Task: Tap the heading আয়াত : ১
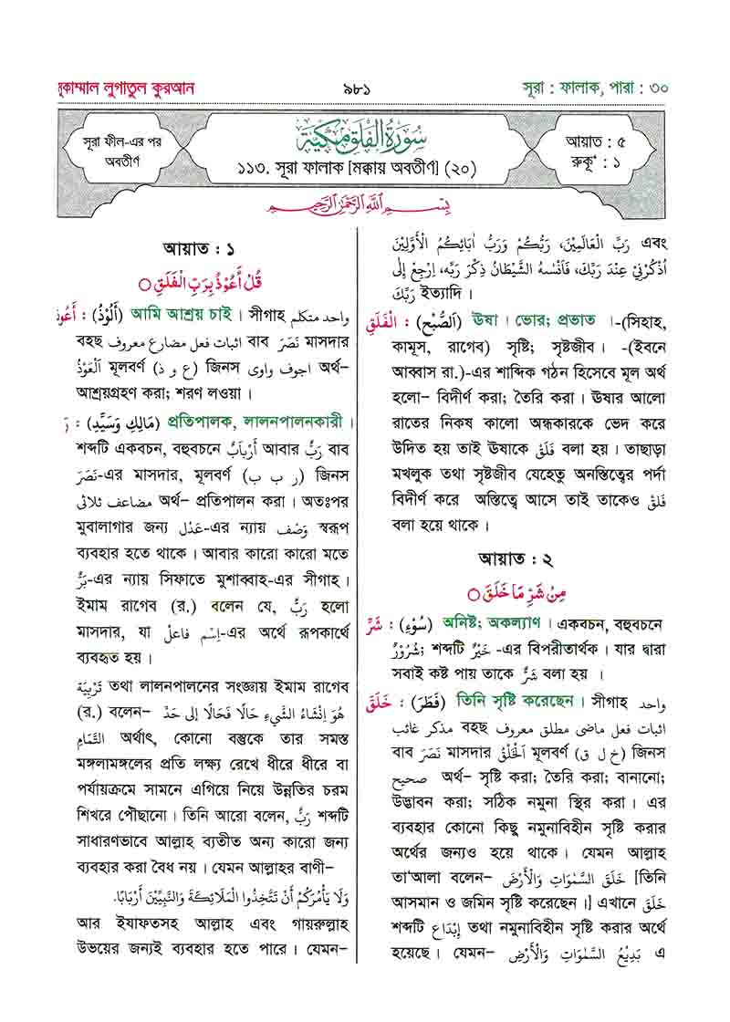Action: tap(197, 247)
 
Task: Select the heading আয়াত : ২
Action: tap(516, 559)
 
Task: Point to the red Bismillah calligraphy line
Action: tap(365, 207)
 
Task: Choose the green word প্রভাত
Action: tap(571, 320)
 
